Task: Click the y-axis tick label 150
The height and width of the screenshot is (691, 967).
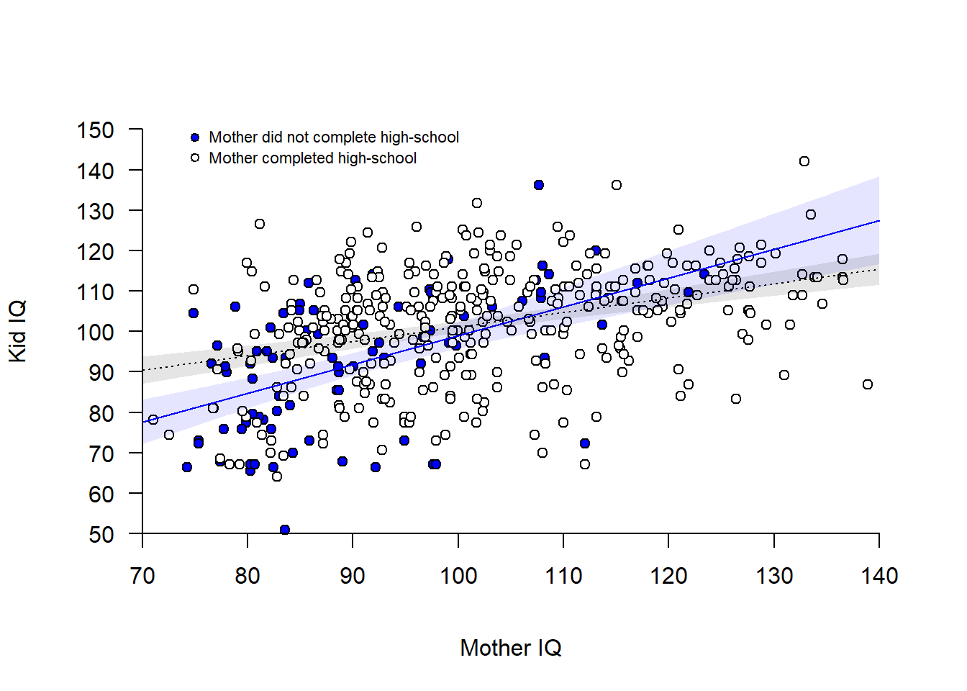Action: [96, 130]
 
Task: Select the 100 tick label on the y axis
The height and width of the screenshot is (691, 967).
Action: [96, 333]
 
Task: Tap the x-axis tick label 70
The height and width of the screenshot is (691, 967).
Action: [142, 576]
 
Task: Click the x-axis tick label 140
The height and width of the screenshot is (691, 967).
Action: [879, 576]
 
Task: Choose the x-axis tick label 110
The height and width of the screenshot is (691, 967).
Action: [563, 576]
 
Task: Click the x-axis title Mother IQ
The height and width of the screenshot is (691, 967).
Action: [511, 648]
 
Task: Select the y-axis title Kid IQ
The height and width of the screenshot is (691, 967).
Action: [17, 331]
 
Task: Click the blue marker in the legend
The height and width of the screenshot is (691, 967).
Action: [195, 137]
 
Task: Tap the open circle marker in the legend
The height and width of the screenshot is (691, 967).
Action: [195, 158]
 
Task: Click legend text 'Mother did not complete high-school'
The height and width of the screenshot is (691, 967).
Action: [334, 137]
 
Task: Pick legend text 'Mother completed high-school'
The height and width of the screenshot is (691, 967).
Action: [312, 158]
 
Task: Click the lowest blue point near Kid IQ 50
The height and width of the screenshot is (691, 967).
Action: [285, 530]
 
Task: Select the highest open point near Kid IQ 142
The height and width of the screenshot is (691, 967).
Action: [804, 161]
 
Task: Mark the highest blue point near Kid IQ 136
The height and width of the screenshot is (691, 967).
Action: [539, 185]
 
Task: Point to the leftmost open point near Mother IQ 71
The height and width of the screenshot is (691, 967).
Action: [153, 420]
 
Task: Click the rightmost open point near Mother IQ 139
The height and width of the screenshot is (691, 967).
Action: [868, 384]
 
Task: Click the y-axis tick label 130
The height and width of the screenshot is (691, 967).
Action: [96, 212]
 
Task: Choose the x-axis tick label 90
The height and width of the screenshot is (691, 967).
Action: [353, 576]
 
